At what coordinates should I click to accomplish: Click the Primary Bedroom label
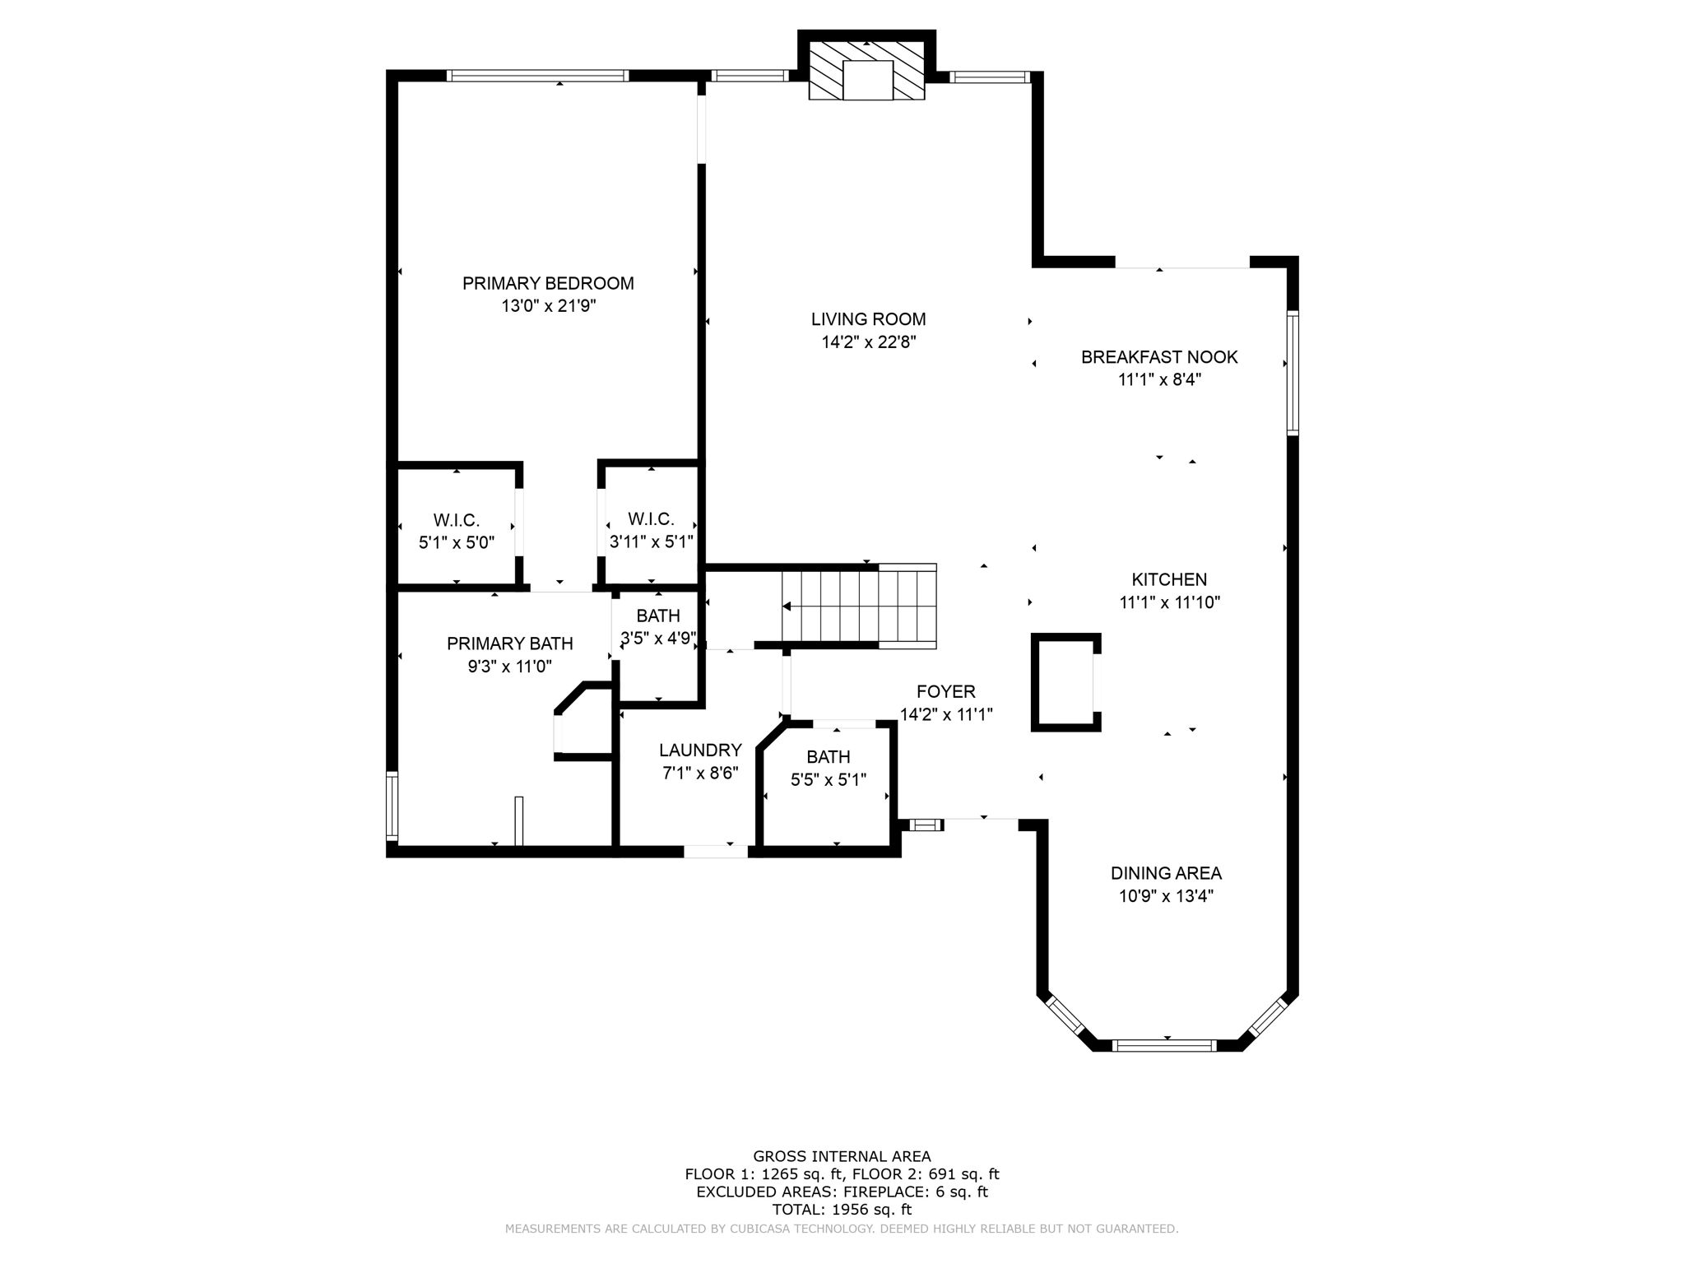(548, 283)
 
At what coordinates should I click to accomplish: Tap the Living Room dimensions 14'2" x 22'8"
(868, 342)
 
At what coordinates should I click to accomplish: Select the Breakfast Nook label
(1158, 357)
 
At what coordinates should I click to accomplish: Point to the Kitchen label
(1168, 579)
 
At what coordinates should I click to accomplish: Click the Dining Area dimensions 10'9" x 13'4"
(1166, 896)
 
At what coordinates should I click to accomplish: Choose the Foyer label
(946, 692)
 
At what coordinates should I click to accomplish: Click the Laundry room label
(700, 750)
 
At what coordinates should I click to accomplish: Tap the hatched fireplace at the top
(867, 71)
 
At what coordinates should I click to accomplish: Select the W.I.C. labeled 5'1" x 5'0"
(456, 532)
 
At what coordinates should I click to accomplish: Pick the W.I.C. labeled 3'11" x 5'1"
(651, 531)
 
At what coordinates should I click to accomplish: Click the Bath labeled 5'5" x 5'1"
(828, 768)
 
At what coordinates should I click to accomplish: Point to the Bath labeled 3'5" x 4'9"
(658, 626)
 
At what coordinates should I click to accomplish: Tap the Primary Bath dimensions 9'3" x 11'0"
(509, 667)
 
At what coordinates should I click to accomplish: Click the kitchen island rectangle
(1065, 682)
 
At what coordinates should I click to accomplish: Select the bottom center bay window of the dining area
(1163, 1046)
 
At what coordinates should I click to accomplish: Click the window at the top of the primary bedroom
(537, 76)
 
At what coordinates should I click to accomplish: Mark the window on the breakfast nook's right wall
(1293, 373)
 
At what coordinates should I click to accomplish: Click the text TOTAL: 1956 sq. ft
(842, 1210)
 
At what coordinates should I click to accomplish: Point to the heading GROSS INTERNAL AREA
(842, 1156)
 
